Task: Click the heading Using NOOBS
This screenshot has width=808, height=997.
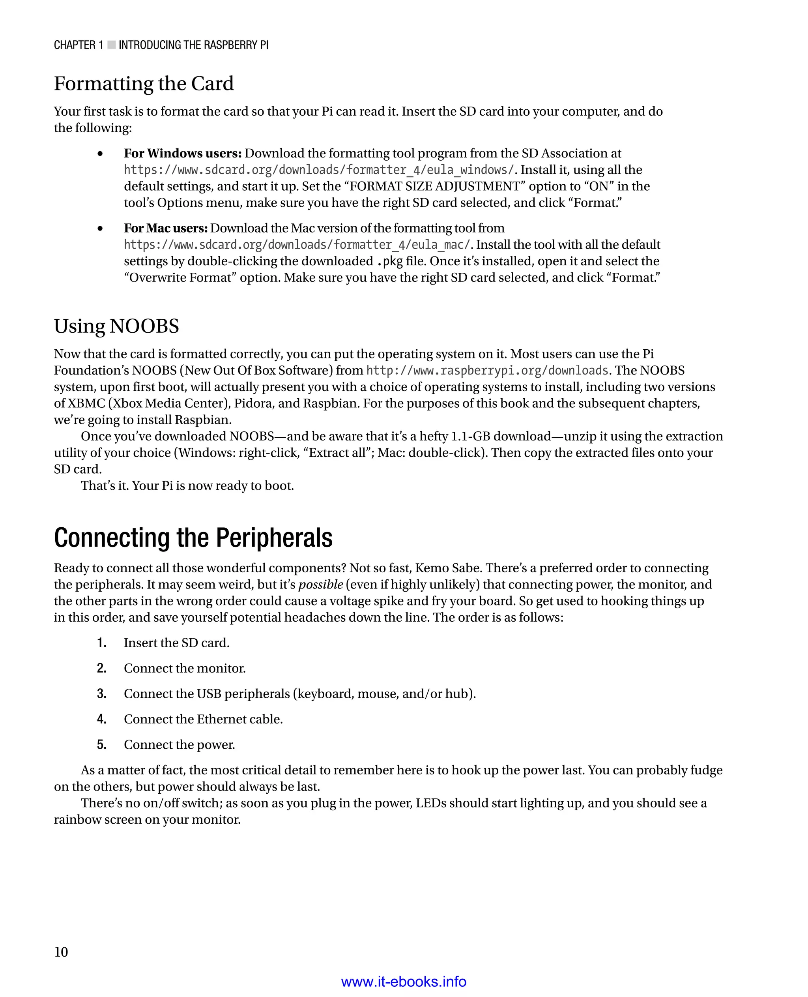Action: tap(116, 326)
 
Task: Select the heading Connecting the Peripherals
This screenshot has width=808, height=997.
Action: tap(193, 538)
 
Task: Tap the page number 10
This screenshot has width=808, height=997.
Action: tap(61, 952)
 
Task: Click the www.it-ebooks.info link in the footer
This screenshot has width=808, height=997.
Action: tap(404, 982)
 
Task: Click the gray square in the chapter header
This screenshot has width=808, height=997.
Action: tap(111, 45)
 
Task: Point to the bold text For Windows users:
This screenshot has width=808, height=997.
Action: tap(182, 153)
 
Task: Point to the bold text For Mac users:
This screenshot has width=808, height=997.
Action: tap(166, 228)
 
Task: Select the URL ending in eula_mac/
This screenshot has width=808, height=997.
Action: tap(298, 245)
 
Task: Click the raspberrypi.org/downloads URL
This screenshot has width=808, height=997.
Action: tap(487, 371)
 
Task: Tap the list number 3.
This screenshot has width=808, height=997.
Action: tap(101, 694)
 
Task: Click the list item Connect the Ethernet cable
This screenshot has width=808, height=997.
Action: tap(204, 719)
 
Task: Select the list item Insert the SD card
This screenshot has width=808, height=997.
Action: tap(176, 643)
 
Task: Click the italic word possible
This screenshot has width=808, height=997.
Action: tap(321, 585)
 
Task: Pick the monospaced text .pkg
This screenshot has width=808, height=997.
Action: tap(389, 261)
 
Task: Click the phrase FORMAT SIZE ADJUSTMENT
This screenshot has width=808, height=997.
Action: tap(434, 186)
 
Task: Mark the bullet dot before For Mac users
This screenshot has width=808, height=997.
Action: tap(100, 229)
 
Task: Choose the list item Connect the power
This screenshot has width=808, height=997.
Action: tap(179, 745)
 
